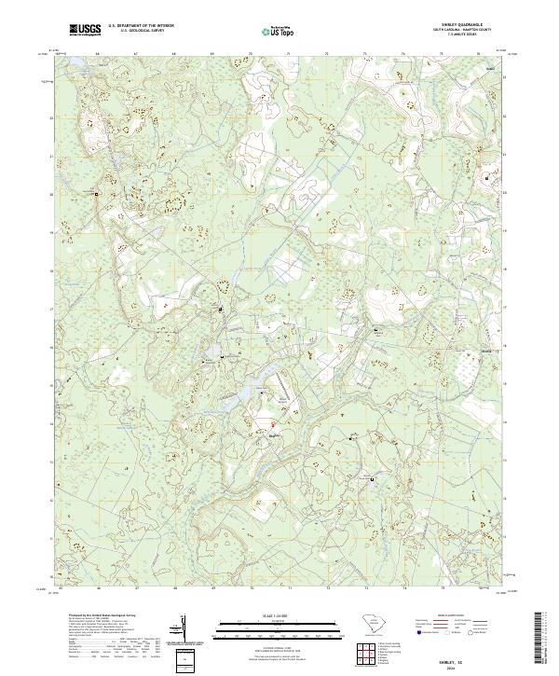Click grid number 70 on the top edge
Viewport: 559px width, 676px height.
tap(252, 54)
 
